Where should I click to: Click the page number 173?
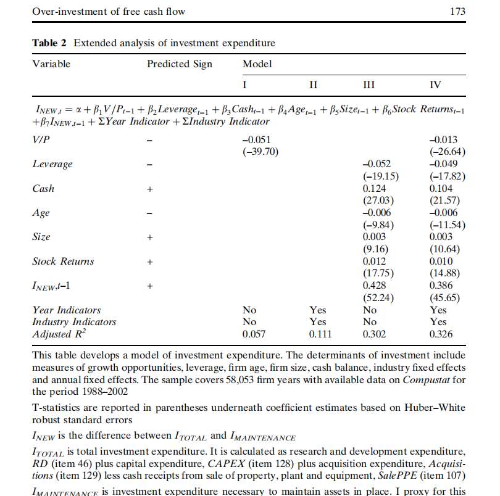coord(459,11)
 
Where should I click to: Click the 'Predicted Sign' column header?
coord(179,64)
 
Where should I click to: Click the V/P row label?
coord(41,140)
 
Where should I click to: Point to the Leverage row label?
coord(52,164)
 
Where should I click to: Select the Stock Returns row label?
coord(63,261)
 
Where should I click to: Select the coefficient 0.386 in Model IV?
coord(441,286)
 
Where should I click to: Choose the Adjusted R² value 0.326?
coord(441,334)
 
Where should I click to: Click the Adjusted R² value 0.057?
coord(254,334)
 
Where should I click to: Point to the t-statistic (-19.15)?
coord(378,176)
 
